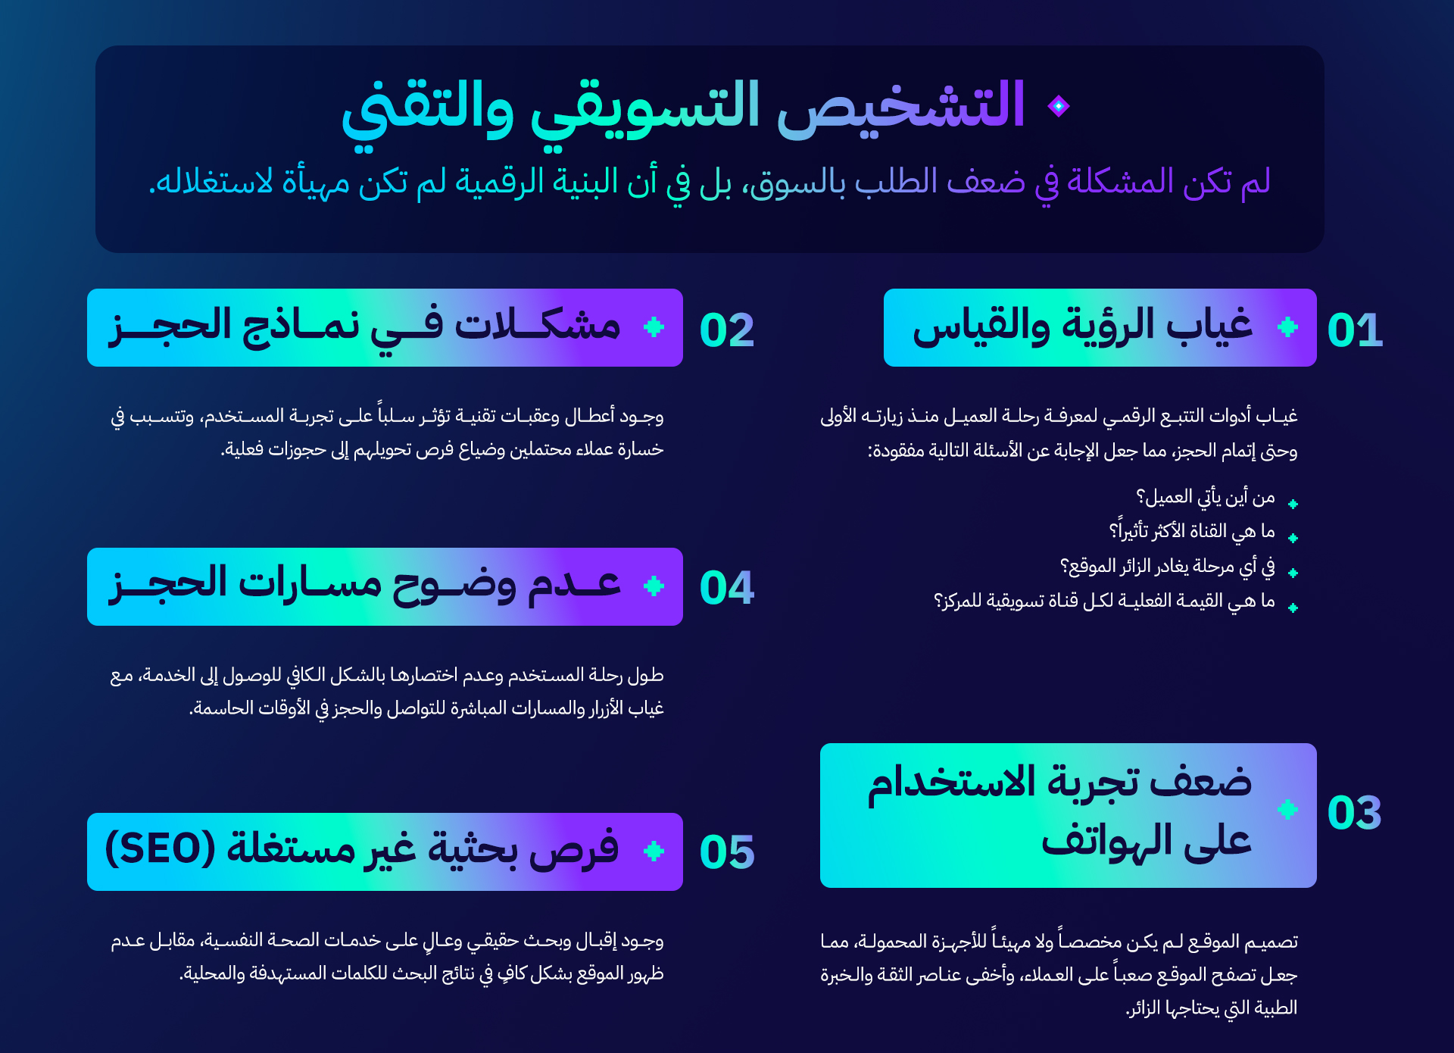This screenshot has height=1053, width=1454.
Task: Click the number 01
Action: pos(1355,330)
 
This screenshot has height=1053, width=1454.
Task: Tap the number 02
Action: pos(727,330)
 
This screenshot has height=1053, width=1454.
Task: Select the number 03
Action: pos(1355,813)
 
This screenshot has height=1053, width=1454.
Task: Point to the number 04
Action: pos(727,587)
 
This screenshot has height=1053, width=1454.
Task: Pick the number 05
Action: pos(727,851)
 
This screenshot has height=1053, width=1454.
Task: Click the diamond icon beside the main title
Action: pos(1059,106)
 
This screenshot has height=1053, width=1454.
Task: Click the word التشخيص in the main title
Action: pos(901,106)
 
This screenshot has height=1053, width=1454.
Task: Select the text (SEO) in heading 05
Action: pos(160,848)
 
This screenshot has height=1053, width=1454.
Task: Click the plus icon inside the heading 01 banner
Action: pos(1287,327)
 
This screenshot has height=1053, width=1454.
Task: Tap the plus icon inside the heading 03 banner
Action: pos(1287,809)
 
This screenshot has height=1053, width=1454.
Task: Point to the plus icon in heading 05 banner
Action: pos(654,851)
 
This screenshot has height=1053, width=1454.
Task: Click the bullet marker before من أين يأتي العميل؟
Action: pos(1293,504)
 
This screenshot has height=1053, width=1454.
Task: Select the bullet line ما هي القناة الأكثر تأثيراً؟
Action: pos(1192,530)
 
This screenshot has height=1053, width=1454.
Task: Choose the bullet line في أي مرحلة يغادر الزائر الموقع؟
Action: pos(1167,566)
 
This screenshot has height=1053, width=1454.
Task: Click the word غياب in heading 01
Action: pos(1209,326)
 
